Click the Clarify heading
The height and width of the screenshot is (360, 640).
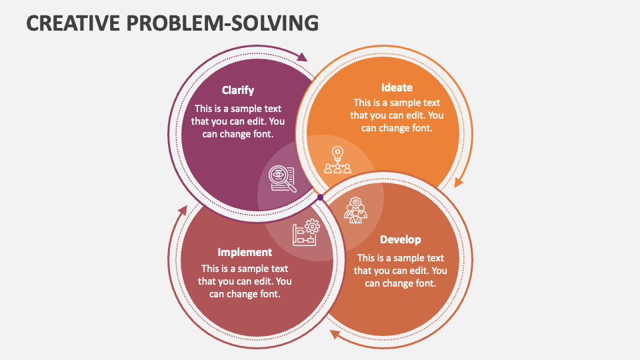238,91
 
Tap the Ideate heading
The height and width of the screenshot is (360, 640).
397,87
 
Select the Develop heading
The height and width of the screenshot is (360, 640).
400,239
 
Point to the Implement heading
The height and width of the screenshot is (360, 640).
245,252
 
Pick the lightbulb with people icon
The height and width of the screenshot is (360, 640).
337,161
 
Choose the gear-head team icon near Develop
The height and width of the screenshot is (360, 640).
355,210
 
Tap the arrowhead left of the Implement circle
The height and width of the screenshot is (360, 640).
182,211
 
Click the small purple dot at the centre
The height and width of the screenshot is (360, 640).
320,197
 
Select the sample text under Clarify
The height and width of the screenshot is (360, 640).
238,121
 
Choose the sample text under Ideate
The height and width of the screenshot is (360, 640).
397,115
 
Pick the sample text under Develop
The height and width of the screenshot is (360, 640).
400,271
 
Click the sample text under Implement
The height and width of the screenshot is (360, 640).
245,281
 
